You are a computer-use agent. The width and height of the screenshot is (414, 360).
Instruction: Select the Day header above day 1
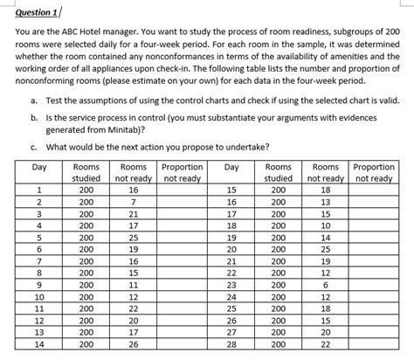click(x=38, y=166)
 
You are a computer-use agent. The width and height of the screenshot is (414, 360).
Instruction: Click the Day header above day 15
click(x=231, y=166)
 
